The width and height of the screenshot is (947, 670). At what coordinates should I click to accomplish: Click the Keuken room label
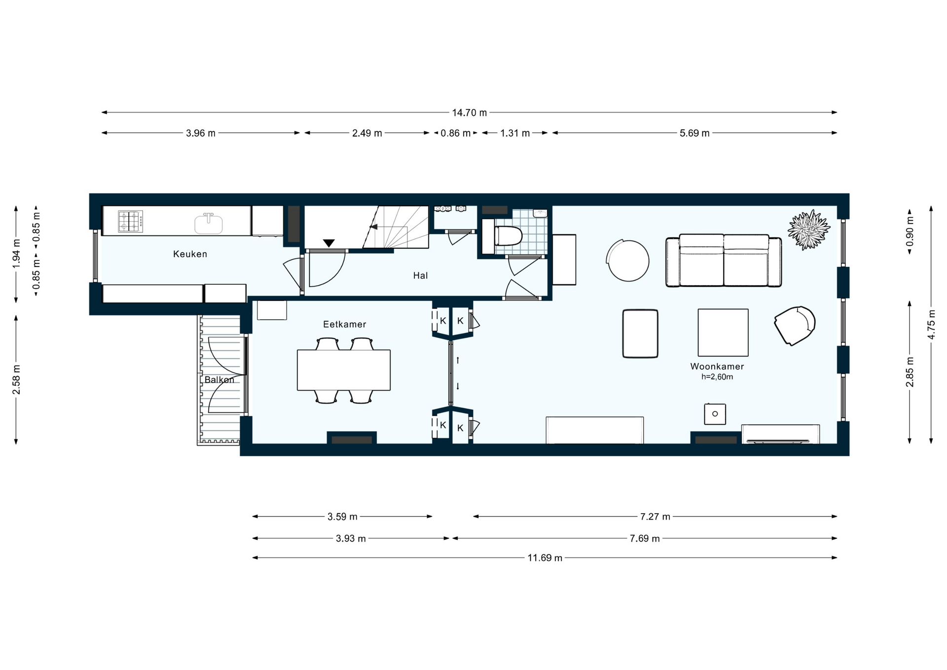click(x=190, y=254)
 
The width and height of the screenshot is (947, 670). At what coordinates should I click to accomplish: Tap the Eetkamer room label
click(x=345, y=324)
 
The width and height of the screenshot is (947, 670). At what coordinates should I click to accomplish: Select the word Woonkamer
click(x=717, y=367)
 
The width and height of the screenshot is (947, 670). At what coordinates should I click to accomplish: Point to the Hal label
click(x=420, y=276)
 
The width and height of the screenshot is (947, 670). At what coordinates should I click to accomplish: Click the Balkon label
click(x=219, y=380)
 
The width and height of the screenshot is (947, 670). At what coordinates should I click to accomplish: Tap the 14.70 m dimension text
click(x=470, y=113)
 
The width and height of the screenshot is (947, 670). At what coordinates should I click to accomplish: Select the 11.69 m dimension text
click(x=545, y=558)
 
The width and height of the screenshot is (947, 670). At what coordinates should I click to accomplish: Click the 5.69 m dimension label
click(x=694, y=133)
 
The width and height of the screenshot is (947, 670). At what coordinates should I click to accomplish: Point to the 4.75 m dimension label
click(x=931, y=324)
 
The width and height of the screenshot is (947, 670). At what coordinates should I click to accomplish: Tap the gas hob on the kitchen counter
click(x=130, y=221)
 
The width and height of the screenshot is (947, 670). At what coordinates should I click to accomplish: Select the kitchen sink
click(x=209, y=223)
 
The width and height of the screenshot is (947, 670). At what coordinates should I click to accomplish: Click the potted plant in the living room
click(x=809, y=230)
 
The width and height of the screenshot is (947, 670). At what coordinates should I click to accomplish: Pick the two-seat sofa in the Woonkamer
click(x=724, y=261)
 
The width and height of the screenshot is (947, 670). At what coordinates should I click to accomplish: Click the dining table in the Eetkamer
click(x=344, y=370)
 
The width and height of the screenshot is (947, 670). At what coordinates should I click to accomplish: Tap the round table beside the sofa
click(x=628, y=261)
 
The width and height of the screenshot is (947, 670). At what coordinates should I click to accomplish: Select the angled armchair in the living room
click(x=794, y=326)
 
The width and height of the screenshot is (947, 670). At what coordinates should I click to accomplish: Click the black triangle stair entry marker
click(x=329, y=243)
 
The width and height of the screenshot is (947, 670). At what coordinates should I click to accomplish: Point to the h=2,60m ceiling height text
click(x=717, y=377)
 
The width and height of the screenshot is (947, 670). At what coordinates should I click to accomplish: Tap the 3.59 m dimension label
click(x=342, y=517)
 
